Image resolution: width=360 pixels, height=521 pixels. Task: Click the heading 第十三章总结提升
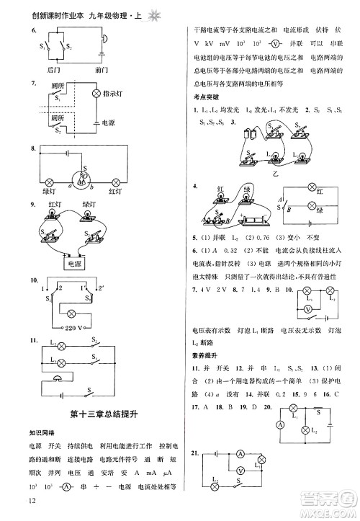pyautogui.click(x=100, y=413)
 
